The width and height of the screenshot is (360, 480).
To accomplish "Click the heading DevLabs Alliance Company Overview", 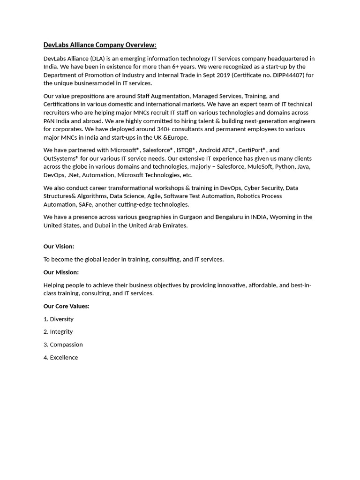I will (100, 45).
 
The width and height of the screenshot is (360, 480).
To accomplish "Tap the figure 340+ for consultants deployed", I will (166, 129).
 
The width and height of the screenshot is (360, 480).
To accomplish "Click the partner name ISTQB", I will (185, 150).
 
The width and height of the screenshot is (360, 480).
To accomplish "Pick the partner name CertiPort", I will (251, 150).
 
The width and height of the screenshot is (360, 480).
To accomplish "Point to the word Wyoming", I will (283, 217).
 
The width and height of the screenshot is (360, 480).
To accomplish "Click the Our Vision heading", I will (59, 247).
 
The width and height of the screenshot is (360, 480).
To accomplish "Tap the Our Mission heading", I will (61, 272).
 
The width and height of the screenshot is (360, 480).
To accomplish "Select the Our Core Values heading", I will (66, 306).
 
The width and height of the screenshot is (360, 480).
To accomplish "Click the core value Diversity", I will (61, 319).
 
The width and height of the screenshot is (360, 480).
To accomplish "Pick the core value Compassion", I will (66, 345).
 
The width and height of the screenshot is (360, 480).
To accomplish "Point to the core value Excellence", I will (64, 358).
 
